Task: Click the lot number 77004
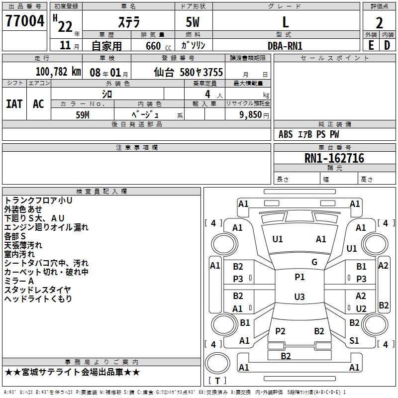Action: click(24, 21)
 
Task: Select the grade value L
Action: click(286, 22)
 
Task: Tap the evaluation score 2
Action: click(379, 23)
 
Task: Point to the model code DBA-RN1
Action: click(285, 46)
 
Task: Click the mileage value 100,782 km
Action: click(58, 72)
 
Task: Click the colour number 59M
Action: click(82, 114)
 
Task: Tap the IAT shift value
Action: click(14, 104)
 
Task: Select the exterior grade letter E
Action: click(371, 45)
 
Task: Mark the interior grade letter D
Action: click(387, 45)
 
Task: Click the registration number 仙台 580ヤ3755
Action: click(189, 72)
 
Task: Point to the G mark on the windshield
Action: click(314, 262)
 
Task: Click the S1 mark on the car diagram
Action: click(354, 341)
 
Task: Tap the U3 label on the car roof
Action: click(299, 297)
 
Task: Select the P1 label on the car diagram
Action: click(299, 277)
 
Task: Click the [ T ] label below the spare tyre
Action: click(217, 381)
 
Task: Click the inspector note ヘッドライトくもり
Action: click(38, 299)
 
